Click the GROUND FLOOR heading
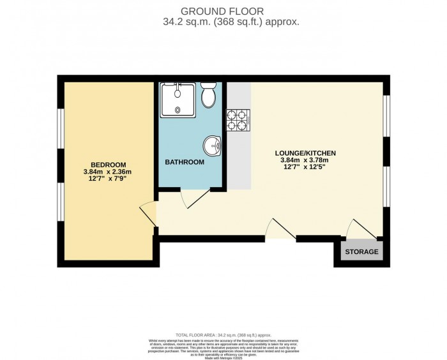tap(222, 10)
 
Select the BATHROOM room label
tap(185, 162)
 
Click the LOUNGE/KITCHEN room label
tap(305, 153)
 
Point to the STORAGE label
tap(361, 251)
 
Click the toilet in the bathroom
tap(208, 96)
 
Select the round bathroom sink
tap(213, 147)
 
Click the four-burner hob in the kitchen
tap(238, 120)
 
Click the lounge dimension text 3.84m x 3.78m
tap(305, 161)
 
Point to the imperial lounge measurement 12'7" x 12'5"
tap(305, 170)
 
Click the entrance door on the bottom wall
tap(280, 230)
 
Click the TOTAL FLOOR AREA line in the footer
tap(223, 334)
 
